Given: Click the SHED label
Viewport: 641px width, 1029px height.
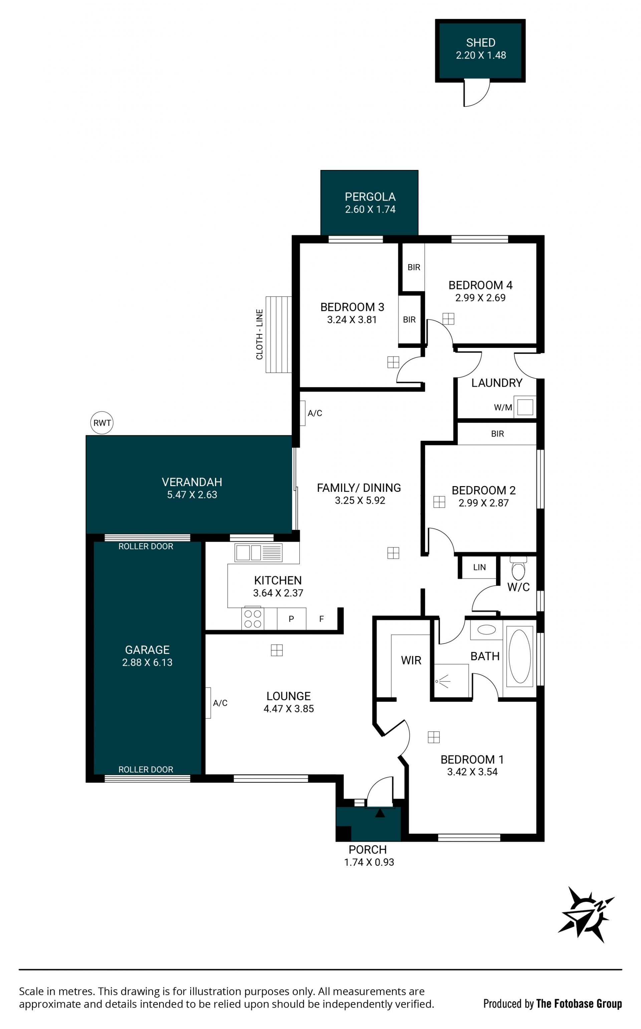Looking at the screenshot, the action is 480,42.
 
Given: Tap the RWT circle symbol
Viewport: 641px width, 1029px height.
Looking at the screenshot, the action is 102,423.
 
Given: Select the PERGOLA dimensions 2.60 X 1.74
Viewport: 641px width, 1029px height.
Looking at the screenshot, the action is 370,209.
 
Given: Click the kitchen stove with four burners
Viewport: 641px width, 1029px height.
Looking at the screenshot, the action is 253,619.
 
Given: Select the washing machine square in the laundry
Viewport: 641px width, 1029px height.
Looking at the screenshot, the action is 525,407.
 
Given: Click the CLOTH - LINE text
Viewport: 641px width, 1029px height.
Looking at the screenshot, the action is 259,335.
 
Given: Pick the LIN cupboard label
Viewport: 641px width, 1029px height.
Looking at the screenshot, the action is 479,567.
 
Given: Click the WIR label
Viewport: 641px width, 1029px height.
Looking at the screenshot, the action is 411,660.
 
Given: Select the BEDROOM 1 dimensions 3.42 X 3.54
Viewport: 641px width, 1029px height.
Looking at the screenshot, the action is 472,772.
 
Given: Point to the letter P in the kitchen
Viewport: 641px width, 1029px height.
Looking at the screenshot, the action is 291,619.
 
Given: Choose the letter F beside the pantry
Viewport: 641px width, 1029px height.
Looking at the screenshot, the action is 322,619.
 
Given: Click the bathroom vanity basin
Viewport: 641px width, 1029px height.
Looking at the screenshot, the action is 486,630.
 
